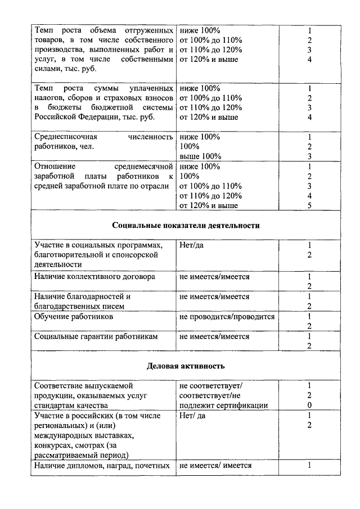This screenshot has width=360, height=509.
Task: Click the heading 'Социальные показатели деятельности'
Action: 186,226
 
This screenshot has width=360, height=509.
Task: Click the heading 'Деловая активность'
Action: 186,366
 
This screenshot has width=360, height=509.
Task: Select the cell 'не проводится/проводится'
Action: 227,317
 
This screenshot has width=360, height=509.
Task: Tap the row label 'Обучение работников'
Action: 74,317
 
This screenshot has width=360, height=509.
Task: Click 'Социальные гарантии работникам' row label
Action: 96,336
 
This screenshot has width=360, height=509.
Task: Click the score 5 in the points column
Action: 309,206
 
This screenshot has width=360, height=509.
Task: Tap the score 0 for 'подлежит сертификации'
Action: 309,406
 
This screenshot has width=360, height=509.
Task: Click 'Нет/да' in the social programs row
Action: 192,246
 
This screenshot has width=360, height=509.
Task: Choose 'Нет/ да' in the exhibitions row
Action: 193,416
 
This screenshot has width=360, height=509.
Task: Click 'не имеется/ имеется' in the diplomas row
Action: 215,465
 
